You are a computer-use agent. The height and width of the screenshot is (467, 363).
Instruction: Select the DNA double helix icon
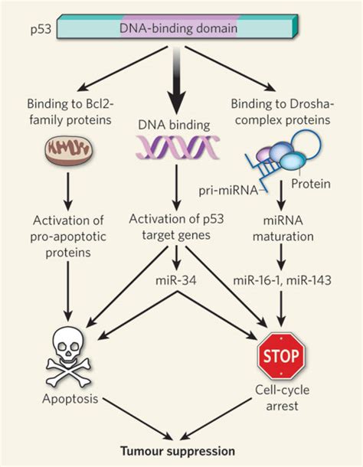tap(178, 146)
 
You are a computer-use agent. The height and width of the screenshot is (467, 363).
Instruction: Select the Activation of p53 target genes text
tap(178, 230)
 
